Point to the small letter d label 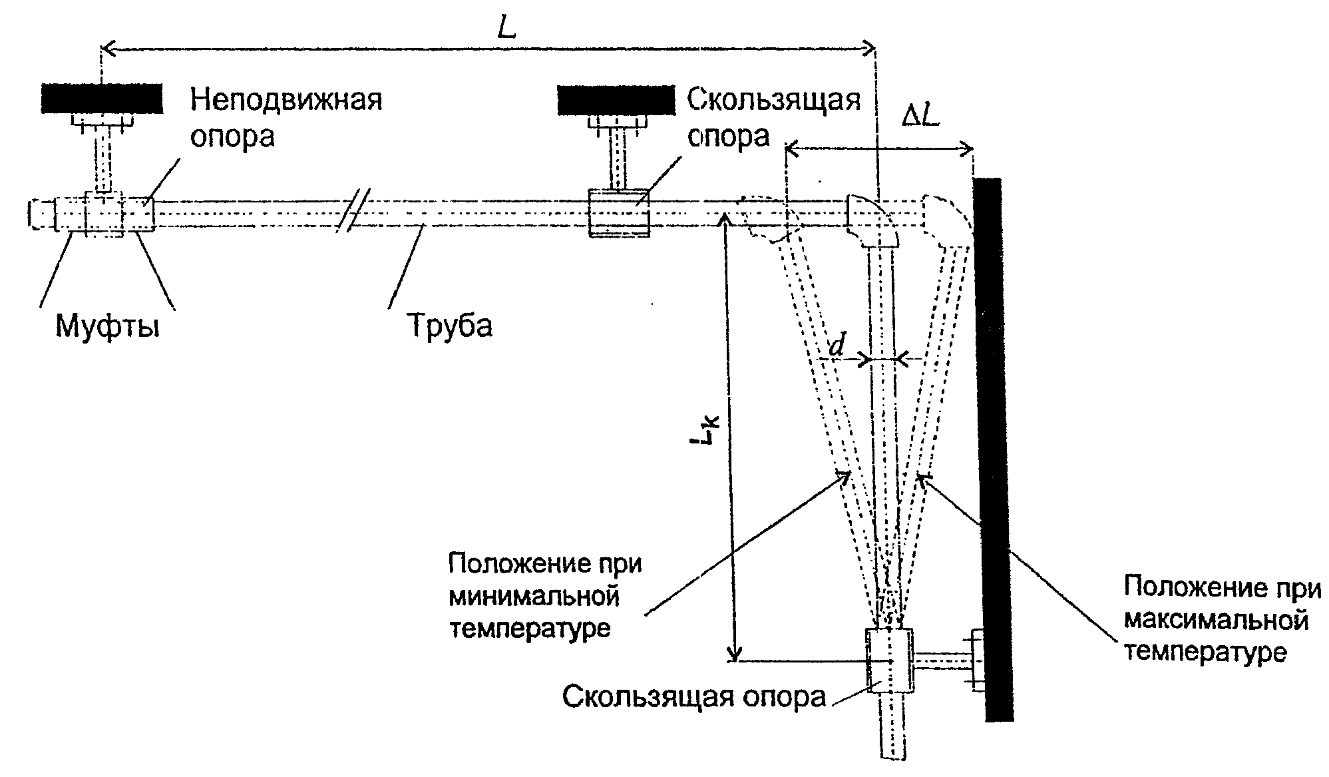point(837,345)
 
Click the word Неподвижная point(287,100)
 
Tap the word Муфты point(107,327)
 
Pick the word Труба point(449,326)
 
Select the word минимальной point(534,596)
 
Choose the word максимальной point(1217,621)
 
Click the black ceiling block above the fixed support point(102,98)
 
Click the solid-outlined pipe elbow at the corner point(873,220)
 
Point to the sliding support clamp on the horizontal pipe point(620,212)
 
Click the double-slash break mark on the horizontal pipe point(353,210)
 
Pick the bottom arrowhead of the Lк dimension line point(733,652)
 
